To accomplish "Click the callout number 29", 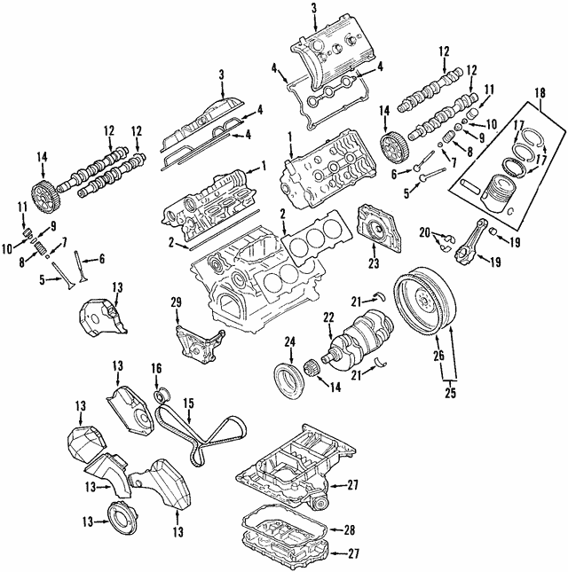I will [x=176, y=303].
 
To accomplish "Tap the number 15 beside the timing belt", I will [x=187, y=403].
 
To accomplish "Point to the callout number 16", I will [x=156, y=367].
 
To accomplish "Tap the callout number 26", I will [x=437, y=357].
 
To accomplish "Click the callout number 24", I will [x=289, y=341].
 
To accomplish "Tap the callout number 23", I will [x=373, y=262].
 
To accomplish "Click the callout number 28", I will [x=349, y=529].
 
